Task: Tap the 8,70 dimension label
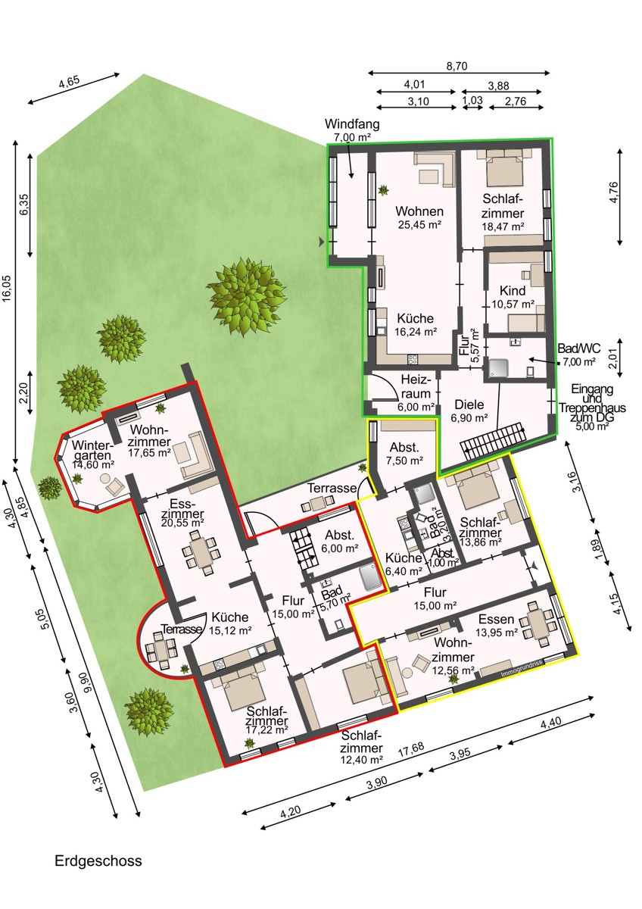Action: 457,66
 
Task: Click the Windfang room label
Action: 352,123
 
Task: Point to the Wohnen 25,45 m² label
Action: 419,217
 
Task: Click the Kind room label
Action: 513,291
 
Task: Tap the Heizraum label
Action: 416,386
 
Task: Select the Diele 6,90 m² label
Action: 469,411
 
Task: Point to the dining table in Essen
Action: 538,623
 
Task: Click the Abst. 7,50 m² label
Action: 404,454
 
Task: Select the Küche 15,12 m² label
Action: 230,623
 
